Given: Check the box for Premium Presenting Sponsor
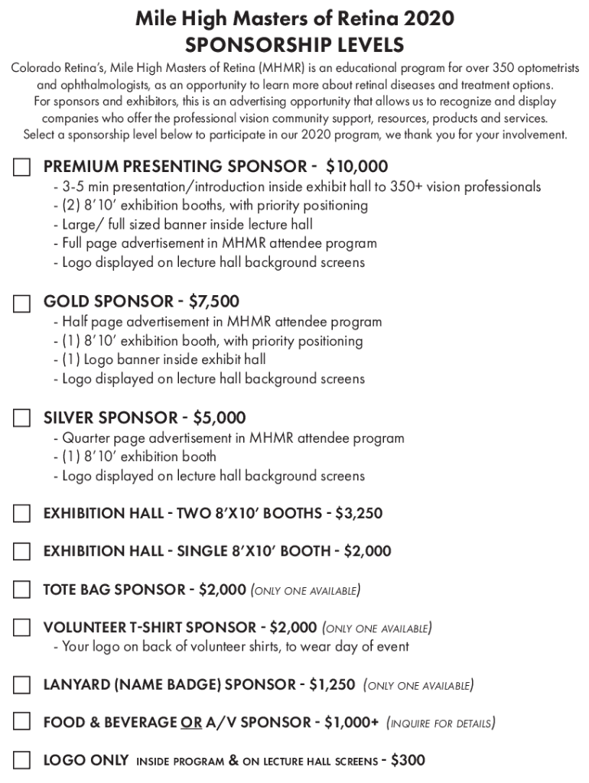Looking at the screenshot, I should coord(21,167).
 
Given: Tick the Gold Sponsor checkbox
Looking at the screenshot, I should coord(21,304).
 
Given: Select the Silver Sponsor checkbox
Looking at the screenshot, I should coord(21,419).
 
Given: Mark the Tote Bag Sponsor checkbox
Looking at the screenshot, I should coord(21,590).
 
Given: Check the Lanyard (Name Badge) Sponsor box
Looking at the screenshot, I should coord(21,684).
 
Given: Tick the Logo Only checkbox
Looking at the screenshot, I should coord(21,761).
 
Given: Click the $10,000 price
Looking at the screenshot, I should coord(356,167).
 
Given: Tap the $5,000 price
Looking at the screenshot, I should coord(220,418).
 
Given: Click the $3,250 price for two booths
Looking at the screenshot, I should coord(359,513).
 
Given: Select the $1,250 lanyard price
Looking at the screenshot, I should coord(332,684).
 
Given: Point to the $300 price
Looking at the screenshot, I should coord(408,761).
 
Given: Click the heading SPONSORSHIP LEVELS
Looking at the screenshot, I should coord(294,45).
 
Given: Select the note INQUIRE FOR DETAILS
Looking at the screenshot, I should coord(441,723).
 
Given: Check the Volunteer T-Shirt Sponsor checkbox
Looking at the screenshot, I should coord(21,629).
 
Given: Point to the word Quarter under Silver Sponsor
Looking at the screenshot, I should coord(86,438).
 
